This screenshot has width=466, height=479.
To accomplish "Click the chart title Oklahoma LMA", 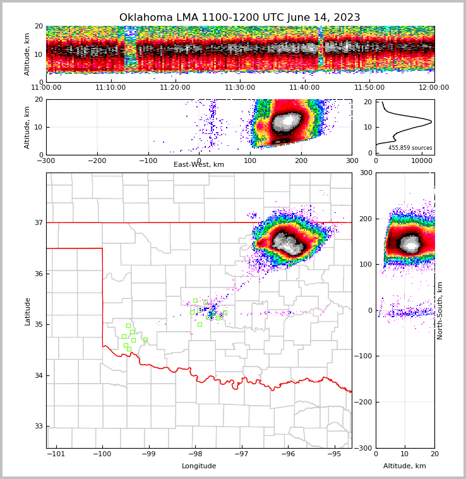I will tap(239, 18).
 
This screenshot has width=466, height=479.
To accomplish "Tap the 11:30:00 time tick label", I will tap(240, 88).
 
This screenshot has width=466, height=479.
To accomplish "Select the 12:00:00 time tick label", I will tap(434, 88).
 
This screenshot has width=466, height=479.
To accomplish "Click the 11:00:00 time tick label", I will tap(46, 88).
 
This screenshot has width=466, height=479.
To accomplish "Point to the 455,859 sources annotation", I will tap(410, 148).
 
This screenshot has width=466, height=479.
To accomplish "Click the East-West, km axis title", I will tap(199, 165).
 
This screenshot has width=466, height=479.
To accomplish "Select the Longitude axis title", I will tap(199, 466).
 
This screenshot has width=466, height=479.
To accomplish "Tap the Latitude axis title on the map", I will tap(28, 311).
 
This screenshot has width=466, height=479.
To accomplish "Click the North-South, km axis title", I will tap(440, 310).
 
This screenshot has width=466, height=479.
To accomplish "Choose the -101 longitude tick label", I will tap(56, 454).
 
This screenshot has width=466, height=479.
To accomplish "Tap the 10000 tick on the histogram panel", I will tap(422, 161).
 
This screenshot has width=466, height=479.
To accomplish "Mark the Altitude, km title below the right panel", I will tap(405, 466).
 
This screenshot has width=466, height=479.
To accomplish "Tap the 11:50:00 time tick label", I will tap(369, 88).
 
